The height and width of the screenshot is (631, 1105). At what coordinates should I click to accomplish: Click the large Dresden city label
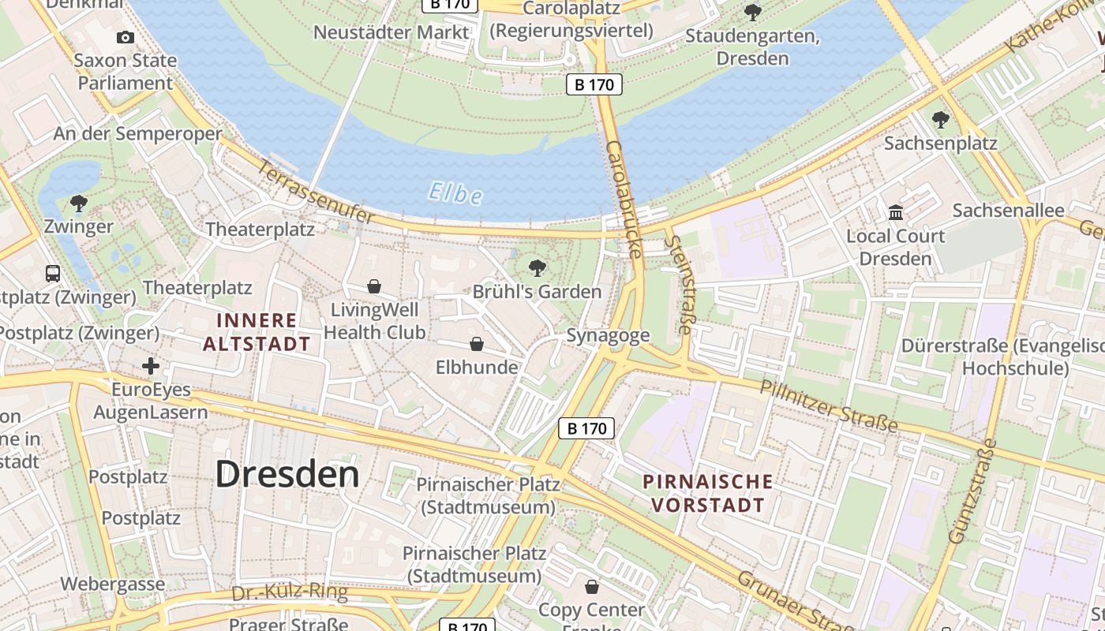point(287,474)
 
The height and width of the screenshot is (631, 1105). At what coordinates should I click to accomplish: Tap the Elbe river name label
point(455,192)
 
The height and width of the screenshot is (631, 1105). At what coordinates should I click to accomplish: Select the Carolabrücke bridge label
point(624,200)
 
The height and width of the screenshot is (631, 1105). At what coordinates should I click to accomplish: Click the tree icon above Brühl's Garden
point(538,268)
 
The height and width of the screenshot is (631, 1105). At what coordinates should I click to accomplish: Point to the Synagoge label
point(608,335)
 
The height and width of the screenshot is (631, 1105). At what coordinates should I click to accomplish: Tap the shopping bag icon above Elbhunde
point(477,344)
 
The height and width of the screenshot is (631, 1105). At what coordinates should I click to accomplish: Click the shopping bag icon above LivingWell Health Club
point(374,286)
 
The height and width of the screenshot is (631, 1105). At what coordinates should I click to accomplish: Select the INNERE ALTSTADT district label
point(257,332)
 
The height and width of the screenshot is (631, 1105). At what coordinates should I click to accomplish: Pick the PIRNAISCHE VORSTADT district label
point(707,493)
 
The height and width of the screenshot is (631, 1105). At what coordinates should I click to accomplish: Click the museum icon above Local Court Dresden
point(896,212)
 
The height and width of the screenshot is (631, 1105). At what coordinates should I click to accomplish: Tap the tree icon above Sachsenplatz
point(940,120)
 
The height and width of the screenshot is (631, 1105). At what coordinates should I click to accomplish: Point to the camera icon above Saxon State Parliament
point(125,37)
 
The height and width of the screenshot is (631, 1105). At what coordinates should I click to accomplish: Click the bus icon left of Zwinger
point(53,274)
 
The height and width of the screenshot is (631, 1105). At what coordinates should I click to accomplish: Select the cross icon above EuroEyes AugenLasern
point(150,366)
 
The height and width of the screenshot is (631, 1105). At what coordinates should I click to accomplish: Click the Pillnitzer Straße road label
point(829,405)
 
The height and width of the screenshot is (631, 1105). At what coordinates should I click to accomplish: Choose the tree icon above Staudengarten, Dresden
point(753,13)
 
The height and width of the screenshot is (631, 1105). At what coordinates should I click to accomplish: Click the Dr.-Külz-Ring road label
point(290,593)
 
